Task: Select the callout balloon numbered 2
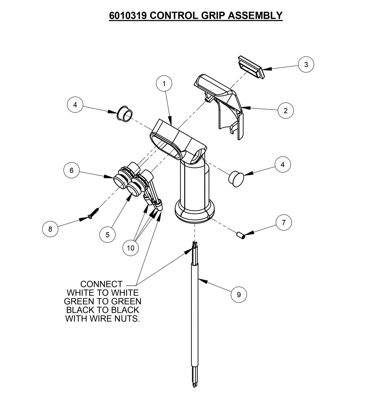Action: click(286, 111)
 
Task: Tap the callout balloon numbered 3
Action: click(306, 64)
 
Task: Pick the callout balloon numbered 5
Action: click(107, 235)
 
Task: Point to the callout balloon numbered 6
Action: click(72, 170)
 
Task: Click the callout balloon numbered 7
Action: click(284, 223)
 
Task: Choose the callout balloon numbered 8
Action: click(50, 229)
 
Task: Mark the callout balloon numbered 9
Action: click(239, 294)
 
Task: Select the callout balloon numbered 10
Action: click(131, 248)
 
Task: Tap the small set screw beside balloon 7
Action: click(240, 235)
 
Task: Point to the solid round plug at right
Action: click(236, 178)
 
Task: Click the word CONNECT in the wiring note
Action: click(101, 284)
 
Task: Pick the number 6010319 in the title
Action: click(128, 15)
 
